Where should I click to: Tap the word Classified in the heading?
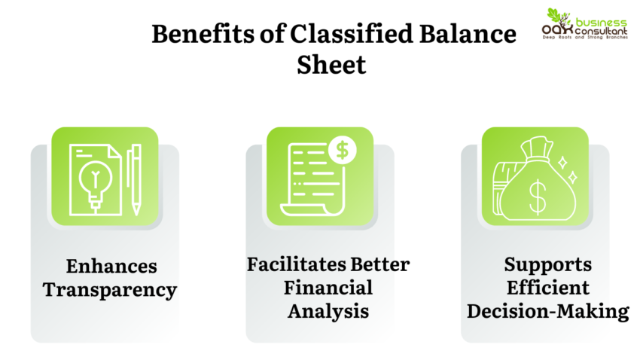tap(309, 35)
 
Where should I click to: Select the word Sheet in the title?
tap(331, 65)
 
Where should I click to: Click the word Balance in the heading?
tap(436, 35)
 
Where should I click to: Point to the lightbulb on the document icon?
tap(94, 181)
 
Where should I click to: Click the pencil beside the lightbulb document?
tap(134, 179)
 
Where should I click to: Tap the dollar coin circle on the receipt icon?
tap(343, 150)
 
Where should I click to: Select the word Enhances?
tap(111, 267)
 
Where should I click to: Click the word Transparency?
tap(110, 289)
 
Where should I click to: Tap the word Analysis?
tap(328, 310)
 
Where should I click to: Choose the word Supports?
tap(547, 265)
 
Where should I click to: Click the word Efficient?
tap(547, 288)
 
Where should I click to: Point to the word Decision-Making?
tap(547, 310)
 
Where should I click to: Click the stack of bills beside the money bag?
tap(499, 195)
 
